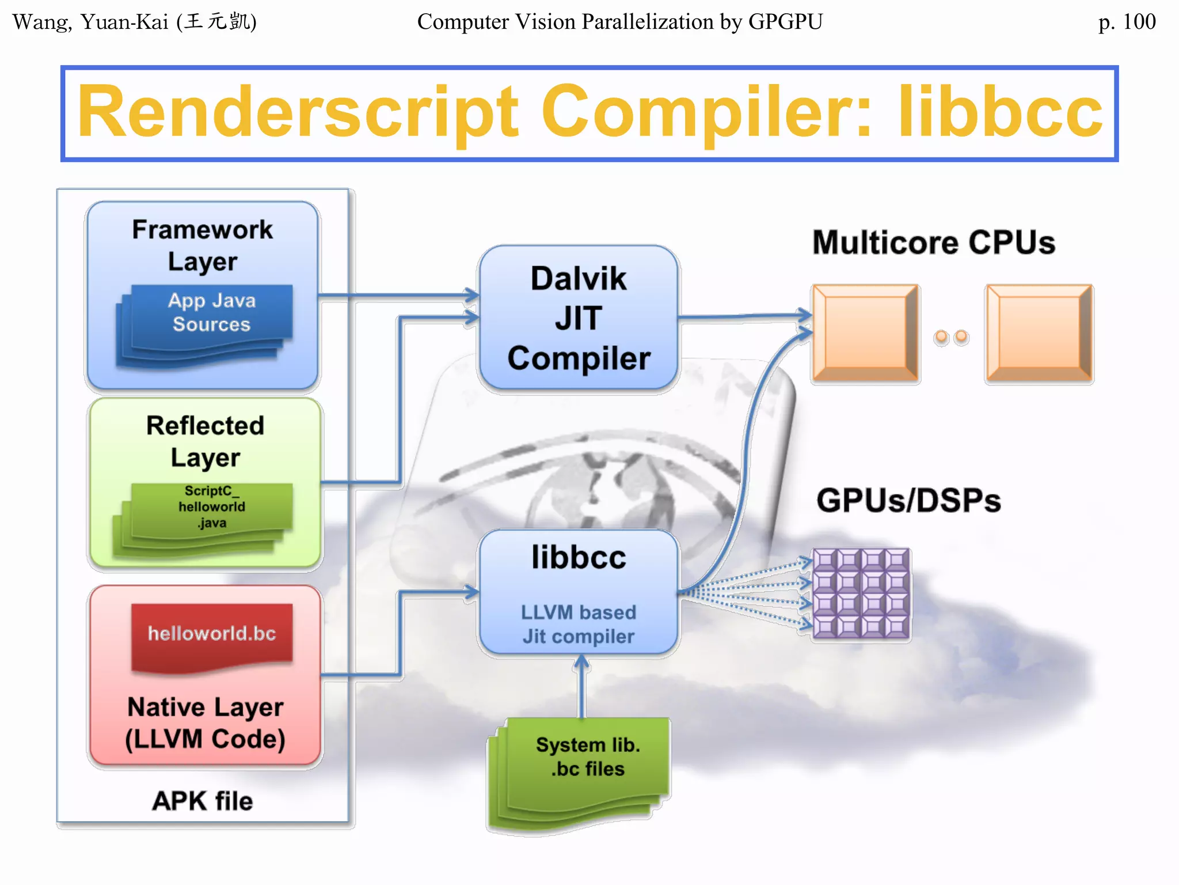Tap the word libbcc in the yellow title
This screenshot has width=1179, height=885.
(1000, 112)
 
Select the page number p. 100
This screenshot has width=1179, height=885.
(1126, 22)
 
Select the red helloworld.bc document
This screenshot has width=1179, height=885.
(211, 634)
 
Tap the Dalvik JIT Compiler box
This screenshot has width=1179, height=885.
(579, 318)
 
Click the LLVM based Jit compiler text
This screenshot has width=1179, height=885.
(579, 624)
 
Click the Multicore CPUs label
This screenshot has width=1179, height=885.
(933, 243)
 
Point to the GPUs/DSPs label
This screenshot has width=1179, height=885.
(908, 500)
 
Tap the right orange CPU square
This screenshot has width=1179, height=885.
(1039, 333)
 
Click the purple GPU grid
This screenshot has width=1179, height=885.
(861, 593)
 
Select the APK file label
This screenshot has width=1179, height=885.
(202, 801)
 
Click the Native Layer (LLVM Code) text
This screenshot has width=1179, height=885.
(205, 723)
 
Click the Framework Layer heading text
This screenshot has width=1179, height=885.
(202, 245)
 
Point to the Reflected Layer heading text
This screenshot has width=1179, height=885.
(205, 441)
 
